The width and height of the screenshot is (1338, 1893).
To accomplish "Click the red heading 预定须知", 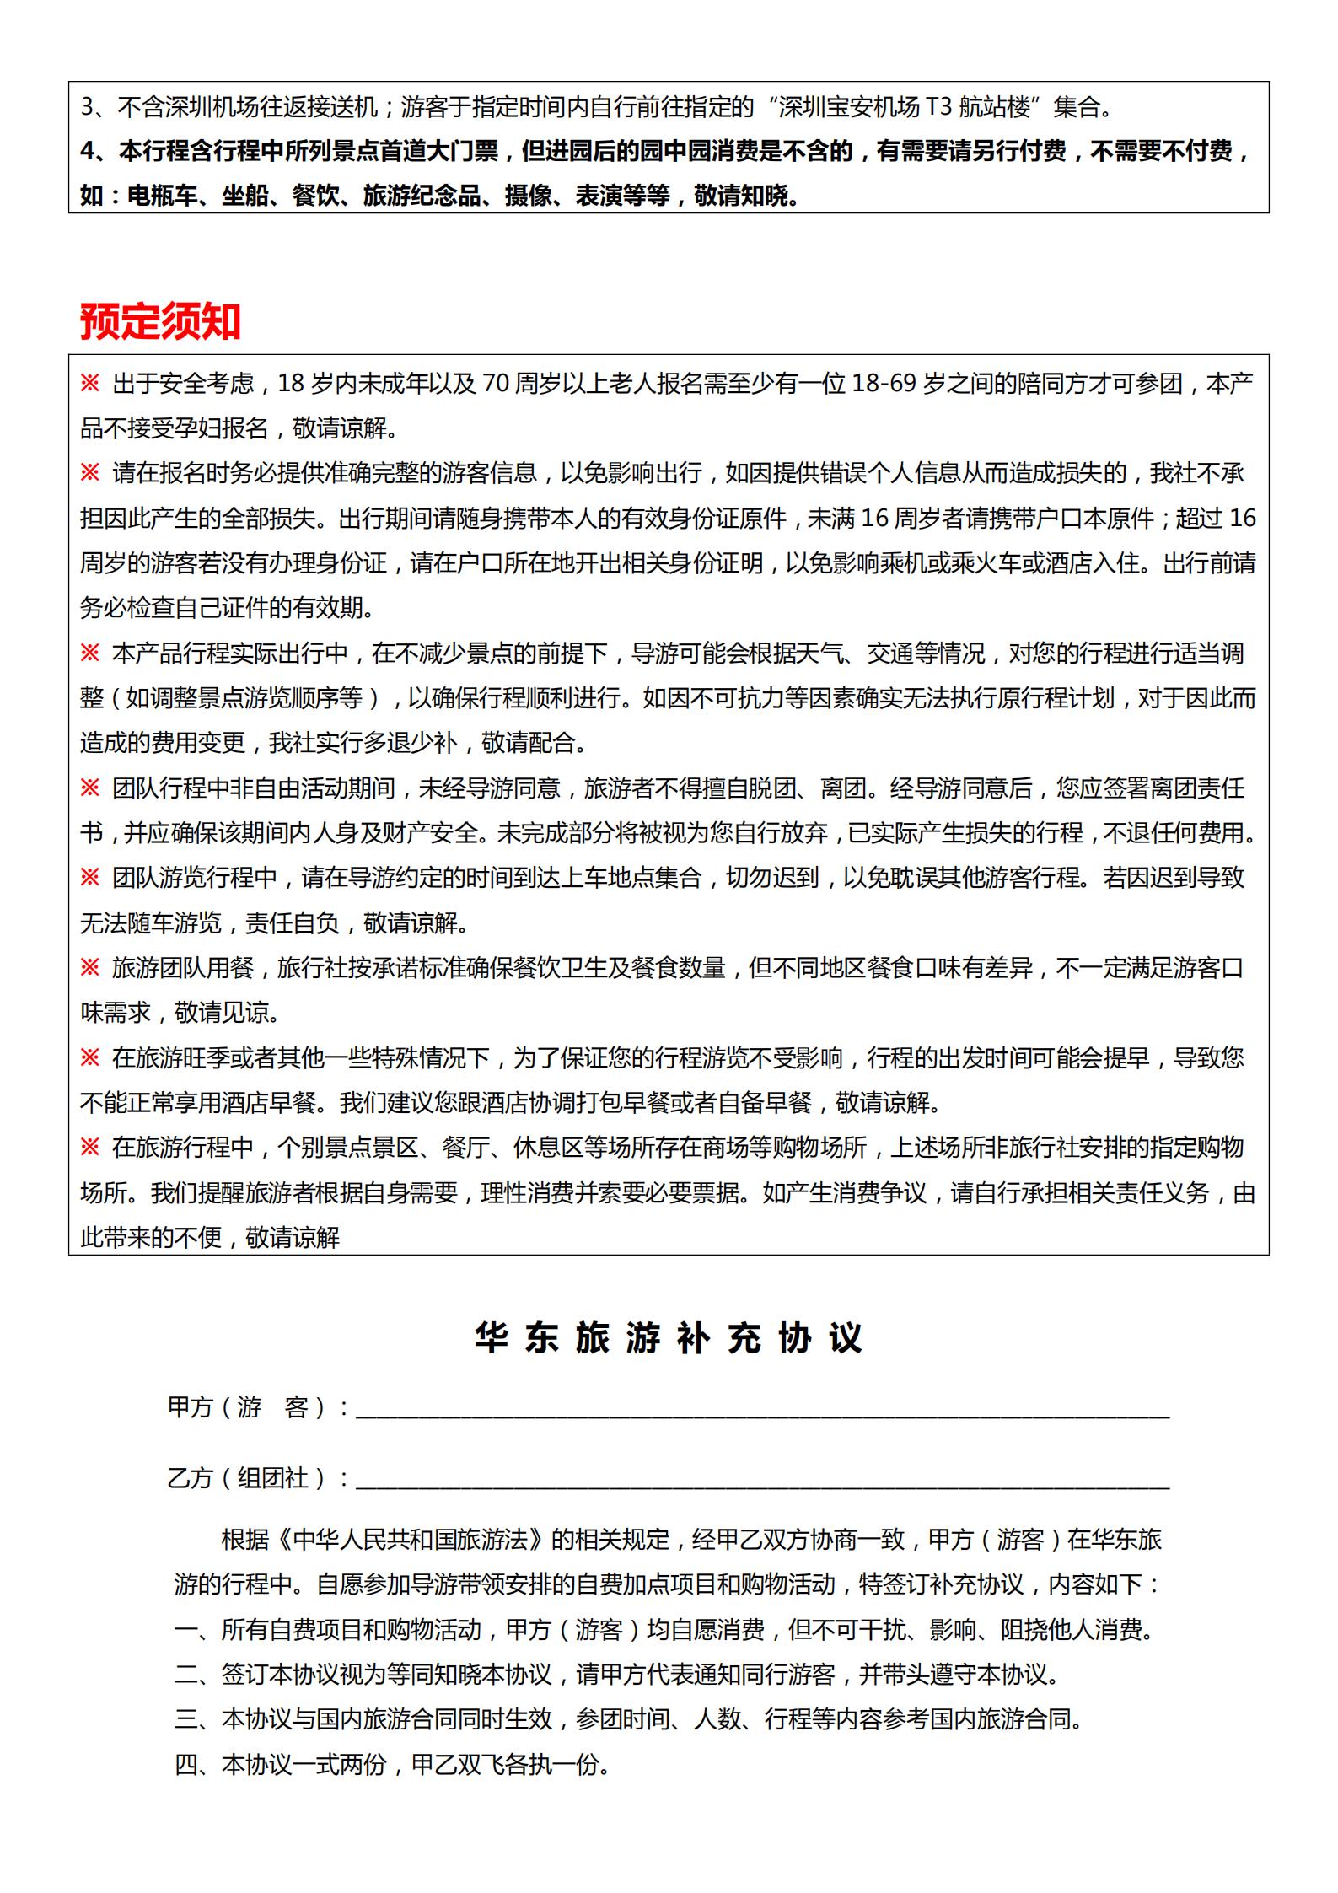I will tap(160, 321).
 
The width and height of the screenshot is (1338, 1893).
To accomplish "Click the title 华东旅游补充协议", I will tap(668, 1338).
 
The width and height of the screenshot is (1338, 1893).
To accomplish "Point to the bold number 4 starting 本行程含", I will tap(87, 152).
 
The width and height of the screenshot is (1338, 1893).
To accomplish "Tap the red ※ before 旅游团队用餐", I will tap(90, 968).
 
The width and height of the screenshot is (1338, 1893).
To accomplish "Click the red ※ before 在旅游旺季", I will tap(90, 1058).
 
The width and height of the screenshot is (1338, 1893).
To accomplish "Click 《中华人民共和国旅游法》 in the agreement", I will tap(411, 1540).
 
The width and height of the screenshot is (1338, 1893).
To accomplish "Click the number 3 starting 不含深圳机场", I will tap(87, 108).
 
